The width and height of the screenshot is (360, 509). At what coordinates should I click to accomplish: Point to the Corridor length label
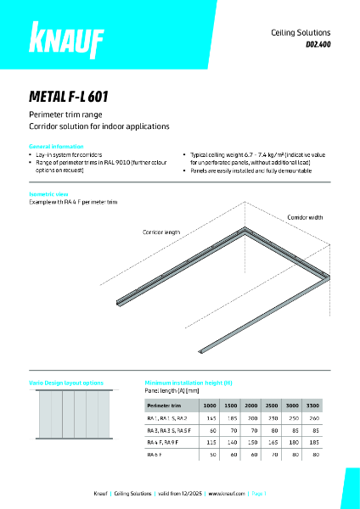click(161, 232)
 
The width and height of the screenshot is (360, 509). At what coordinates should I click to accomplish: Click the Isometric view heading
click(48, 194)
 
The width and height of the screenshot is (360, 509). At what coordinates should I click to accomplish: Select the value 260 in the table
click(313, 419)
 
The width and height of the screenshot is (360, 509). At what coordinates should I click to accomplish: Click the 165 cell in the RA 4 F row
click(272, 443)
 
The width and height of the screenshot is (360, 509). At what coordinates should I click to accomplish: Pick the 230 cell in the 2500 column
click(272, 419)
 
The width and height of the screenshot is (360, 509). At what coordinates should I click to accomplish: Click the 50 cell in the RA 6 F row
click(211, 455)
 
